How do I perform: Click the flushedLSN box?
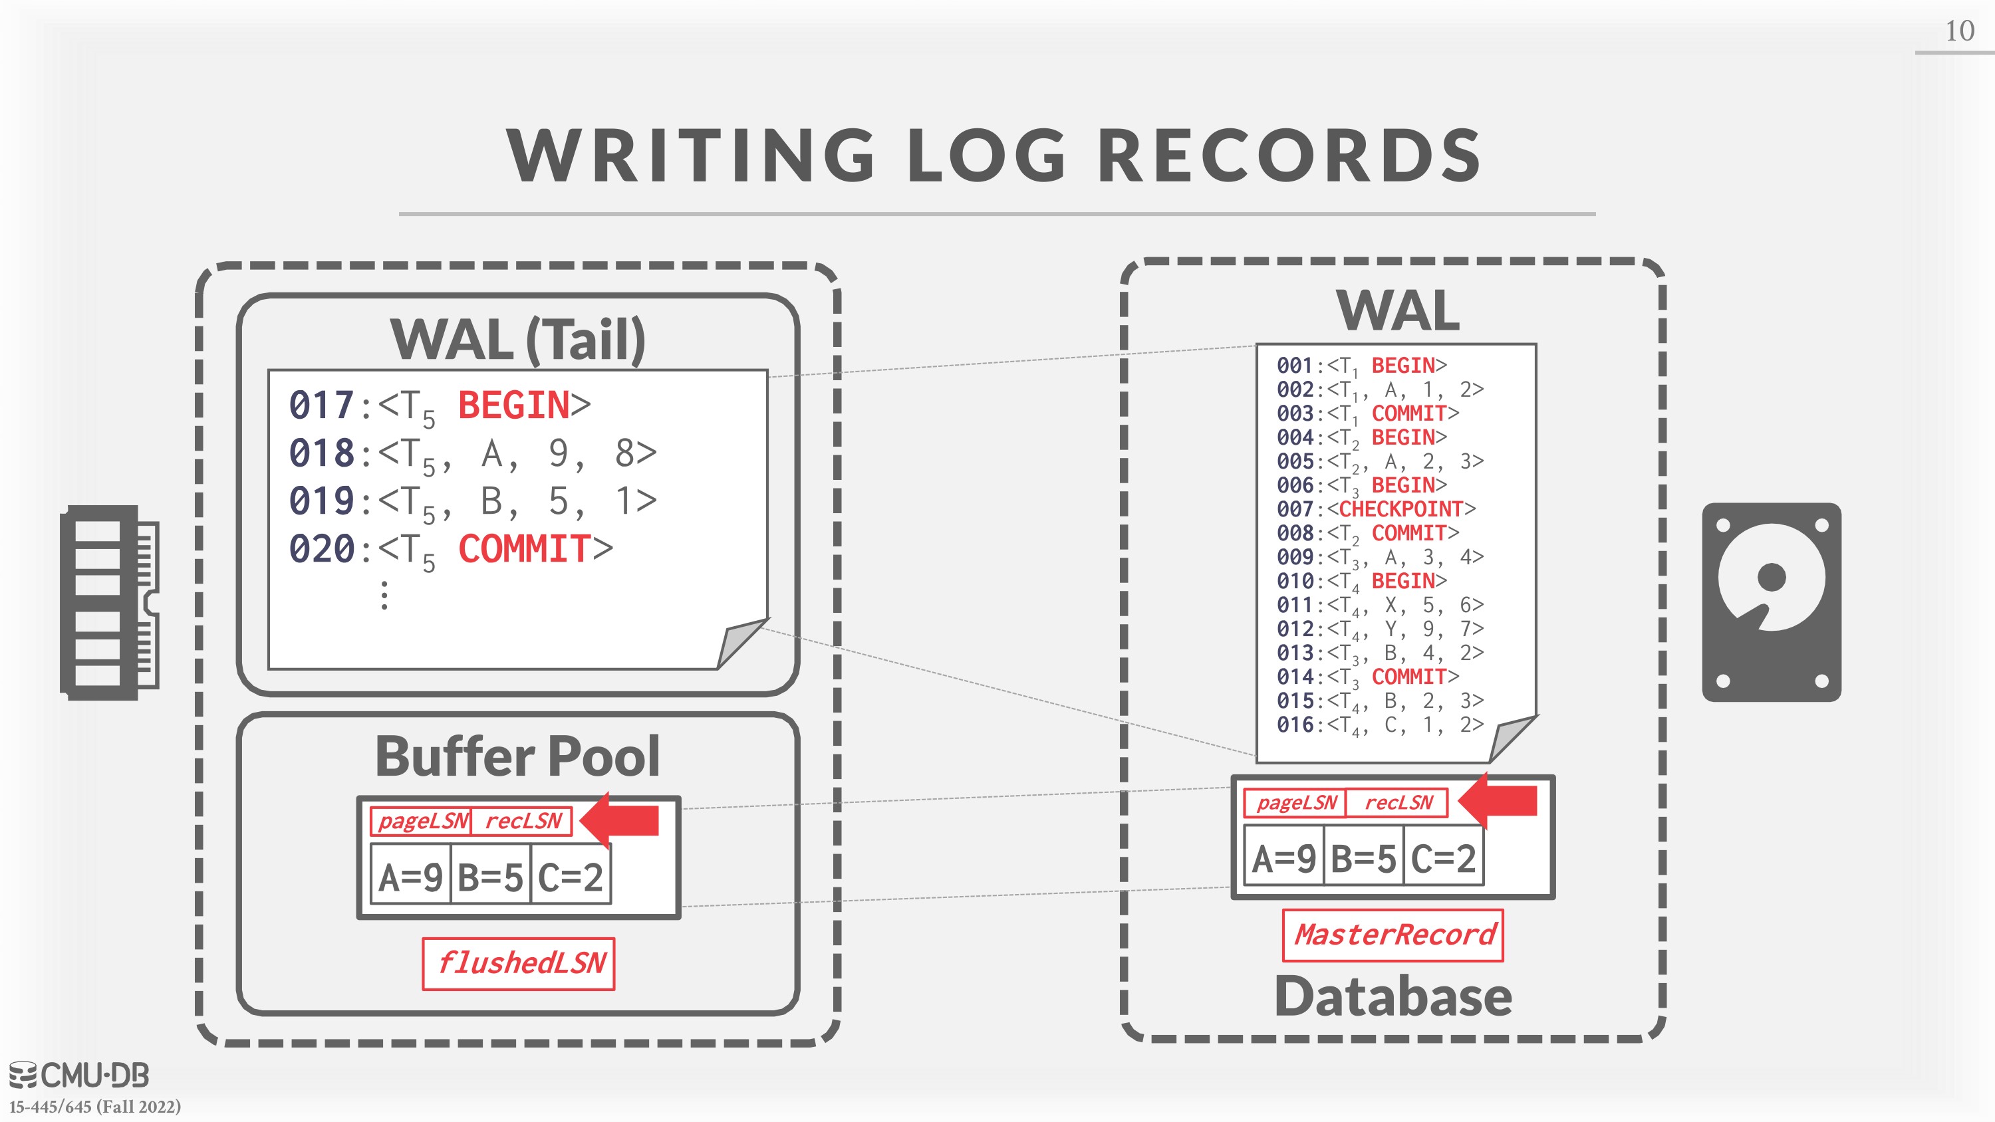click(x=518, y=963)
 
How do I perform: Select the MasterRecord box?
click(x=1393, y=935)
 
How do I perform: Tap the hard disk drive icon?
click(x=1771, y=602)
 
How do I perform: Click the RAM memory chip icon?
click(x=109, y=602)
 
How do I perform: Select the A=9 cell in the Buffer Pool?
click(x=410, y=877)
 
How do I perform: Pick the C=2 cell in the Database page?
click(x=1444, y=857)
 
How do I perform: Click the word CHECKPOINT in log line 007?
click(x=1400, y=508)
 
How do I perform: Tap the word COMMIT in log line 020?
click(x=524, y=549)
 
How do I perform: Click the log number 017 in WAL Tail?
click(x=321, y=405)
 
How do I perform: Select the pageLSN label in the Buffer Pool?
click(x=423, y=821)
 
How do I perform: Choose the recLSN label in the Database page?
click(x=1398, y=802)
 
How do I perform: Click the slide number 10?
click(x=1959, y=31)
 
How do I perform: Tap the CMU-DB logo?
click(x=79, y=1075)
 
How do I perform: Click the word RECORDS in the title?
click(x=1289, y=155)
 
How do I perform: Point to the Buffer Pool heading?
click(x=517, y=756)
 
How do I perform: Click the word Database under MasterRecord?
click(x=1393, y=996)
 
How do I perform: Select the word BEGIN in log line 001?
click(x=1402, y=365)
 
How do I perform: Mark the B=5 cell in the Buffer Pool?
click(x=490, y=877)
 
